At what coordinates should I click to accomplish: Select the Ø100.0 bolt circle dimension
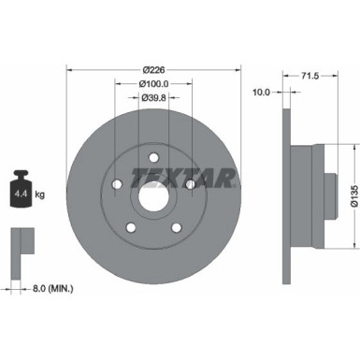pyautogui.click(x=153, y=83)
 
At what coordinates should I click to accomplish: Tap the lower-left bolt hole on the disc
pyautogui.click(x=130, y=227)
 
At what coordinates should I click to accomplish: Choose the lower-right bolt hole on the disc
pyautogui.click(x=177, y=227)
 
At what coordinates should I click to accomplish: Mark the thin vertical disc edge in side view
pyautogui.click(x=284, y=192)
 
